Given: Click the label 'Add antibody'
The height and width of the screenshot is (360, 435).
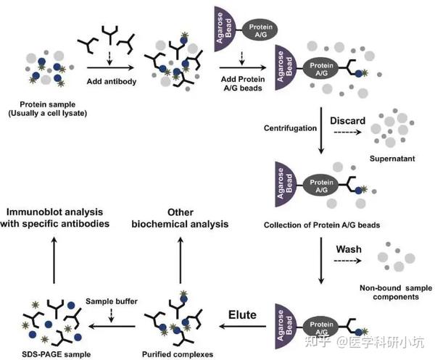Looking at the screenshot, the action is coord(112,81).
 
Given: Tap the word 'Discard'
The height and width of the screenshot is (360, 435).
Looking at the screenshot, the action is coord(347,121).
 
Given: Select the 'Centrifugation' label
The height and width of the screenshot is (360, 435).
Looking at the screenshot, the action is coord(290,128).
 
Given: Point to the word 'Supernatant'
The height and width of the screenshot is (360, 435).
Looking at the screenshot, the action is coord(392,159).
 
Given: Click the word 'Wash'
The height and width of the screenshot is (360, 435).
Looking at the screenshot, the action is coord(349,249).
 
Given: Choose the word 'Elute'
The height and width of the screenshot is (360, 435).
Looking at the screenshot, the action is coord(242,315).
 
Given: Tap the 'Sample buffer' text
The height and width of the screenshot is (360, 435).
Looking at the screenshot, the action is coord(112,301).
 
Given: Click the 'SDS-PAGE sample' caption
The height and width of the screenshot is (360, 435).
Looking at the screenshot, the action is coord(57,354).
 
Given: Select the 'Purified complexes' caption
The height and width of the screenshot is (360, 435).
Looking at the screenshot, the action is coord(178,354).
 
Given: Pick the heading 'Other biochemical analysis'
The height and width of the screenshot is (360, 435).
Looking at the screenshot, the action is coord(180,218).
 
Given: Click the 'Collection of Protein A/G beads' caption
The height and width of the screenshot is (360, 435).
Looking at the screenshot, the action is coord(322,225).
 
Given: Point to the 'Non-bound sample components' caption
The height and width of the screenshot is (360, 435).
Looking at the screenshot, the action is coord(396,293).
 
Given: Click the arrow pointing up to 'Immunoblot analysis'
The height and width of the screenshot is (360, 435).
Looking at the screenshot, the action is coord(54,260).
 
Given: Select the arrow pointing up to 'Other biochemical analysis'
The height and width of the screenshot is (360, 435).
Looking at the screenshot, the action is coord(181,260).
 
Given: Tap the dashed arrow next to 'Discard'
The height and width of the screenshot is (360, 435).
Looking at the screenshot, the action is coord(347,133).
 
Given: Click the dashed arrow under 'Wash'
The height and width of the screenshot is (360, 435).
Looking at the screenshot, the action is coord(347,261).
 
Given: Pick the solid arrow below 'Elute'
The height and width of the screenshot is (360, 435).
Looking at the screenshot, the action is coord(242,326).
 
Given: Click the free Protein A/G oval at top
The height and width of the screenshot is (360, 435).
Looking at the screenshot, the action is coord(260,30).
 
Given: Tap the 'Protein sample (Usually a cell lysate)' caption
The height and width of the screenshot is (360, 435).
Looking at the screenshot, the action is coord(47,109).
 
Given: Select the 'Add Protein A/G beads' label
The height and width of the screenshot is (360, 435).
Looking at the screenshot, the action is coord(243,83).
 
